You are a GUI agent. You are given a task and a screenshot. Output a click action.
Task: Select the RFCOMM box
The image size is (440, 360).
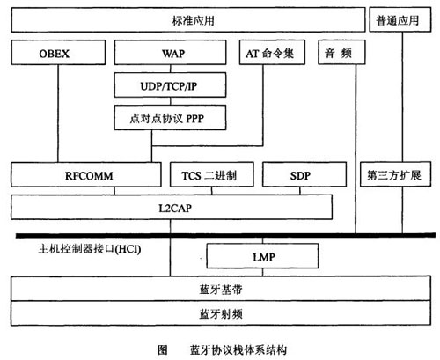[x=85, y=175]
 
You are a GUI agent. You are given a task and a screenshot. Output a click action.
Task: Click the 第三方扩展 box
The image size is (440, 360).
[x=396, y=175]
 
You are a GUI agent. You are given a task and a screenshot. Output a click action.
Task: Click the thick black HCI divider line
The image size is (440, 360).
[x=220, y=236]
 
